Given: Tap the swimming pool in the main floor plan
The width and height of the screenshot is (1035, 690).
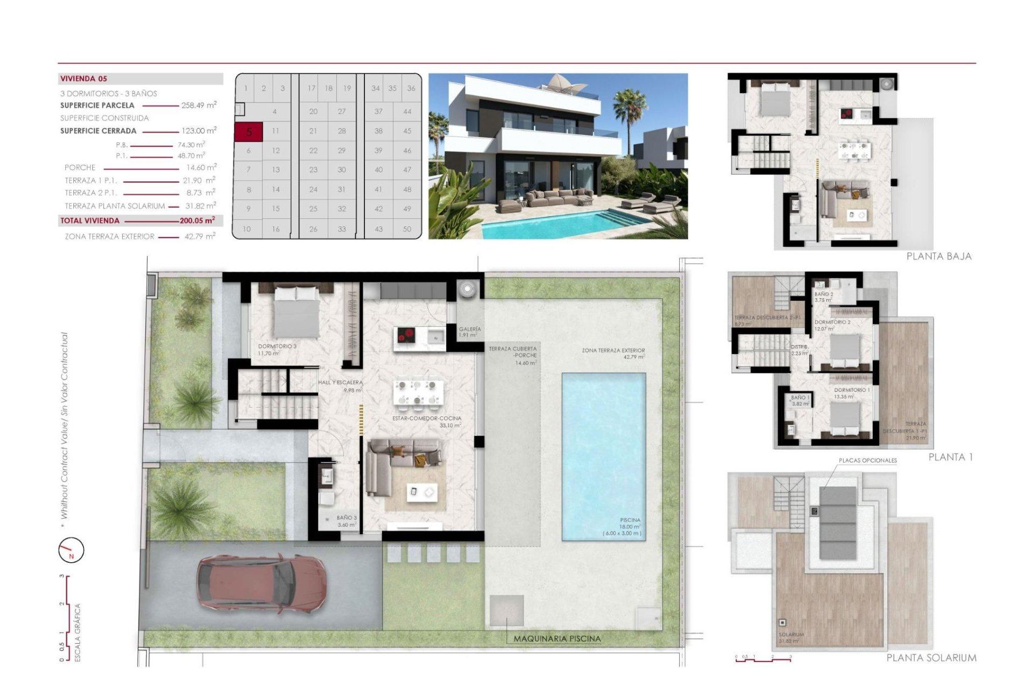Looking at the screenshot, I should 604,456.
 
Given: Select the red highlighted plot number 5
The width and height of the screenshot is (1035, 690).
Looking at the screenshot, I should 249,132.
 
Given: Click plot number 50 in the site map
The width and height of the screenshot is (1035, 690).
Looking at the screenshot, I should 407,229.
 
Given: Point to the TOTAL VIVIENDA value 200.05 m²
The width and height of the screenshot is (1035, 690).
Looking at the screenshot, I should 197,220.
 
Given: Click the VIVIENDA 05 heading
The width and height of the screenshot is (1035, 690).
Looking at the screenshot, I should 84,79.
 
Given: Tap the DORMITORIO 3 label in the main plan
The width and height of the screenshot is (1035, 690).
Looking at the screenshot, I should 277,346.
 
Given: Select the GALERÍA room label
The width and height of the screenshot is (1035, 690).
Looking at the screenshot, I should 470,329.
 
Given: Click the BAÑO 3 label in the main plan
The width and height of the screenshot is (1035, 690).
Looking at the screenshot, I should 347,518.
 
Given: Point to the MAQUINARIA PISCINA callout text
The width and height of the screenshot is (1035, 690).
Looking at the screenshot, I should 557,639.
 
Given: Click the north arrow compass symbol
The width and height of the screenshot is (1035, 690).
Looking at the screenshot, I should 71,551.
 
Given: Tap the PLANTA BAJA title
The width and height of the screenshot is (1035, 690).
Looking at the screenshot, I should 939,257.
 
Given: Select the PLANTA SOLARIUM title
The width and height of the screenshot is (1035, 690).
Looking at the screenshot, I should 931,658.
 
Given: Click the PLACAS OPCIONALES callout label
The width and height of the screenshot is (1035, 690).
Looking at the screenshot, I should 867,460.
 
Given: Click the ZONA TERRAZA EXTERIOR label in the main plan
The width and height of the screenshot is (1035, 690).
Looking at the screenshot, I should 613,350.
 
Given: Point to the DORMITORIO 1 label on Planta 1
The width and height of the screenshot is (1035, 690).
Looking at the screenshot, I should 852,390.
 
